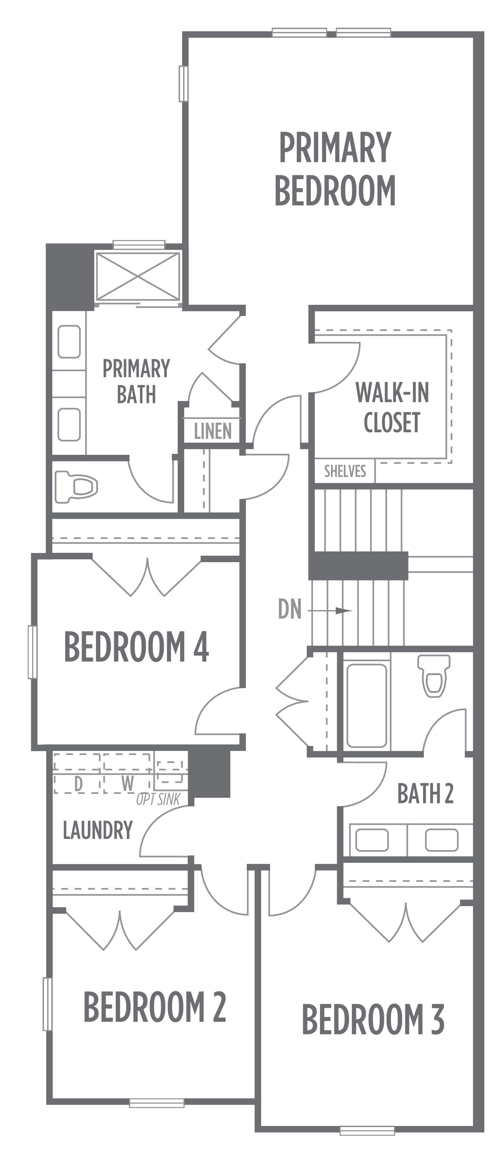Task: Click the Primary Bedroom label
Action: pyautogui.click(x=335, y=169)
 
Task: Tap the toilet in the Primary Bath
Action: pyautogui.click(x=75, y=486)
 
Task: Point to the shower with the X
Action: pyautogui.click(x=138, y=276)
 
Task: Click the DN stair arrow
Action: pyautogui.click(x=330, y=611)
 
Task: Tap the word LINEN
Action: pyautogui.click(x=213, y=431)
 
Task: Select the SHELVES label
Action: pyautogui.click(x=345, y=471)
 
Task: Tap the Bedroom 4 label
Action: pyautogui.click(x=136, y=647)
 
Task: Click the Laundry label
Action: pyautogui.click(x=98, y=830)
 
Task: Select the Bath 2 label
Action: pyautogui.click(x=425, y=794)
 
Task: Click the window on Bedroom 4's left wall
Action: pyautogui.click(x=33, y=651)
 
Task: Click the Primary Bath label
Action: pyautogui.click(x=136, y=381)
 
